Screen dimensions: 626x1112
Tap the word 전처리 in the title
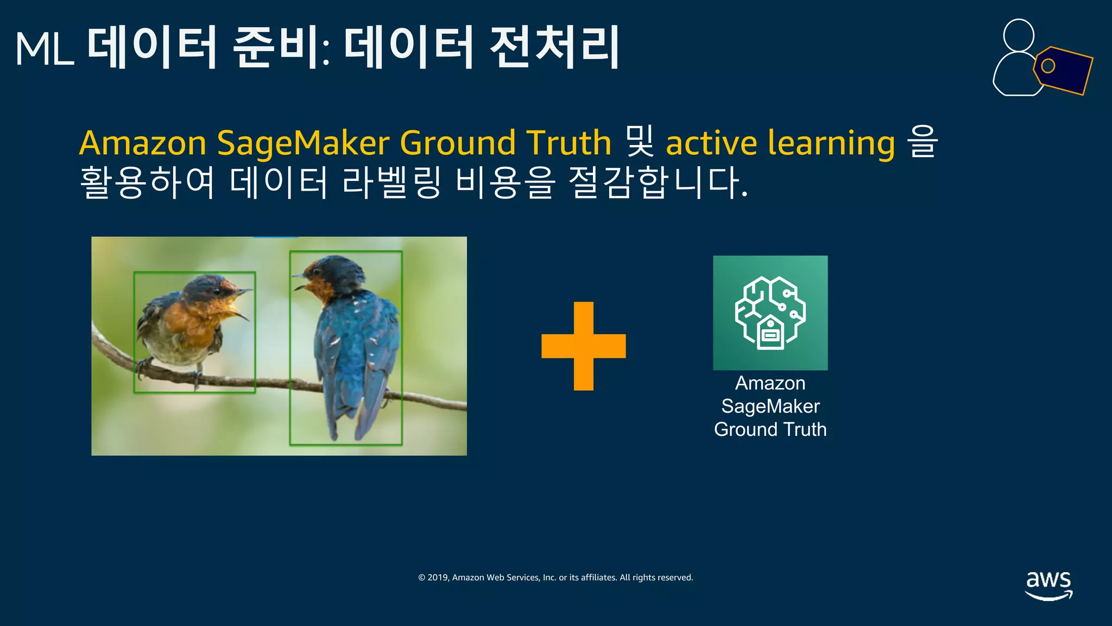coord(554,48)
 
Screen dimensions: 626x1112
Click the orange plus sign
coord(584,346)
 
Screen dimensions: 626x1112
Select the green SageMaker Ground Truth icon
coord(770,312)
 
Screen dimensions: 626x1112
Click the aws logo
coord(1048,585)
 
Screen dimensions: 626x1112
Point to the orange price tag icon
coord(1063,70)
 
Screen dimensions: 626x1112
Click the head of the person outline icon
coord(1019,35)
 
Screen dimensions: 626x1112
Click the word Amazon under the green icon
coord(770,383)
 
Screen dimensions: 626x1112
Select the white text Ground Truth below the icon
coord(770,429)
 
